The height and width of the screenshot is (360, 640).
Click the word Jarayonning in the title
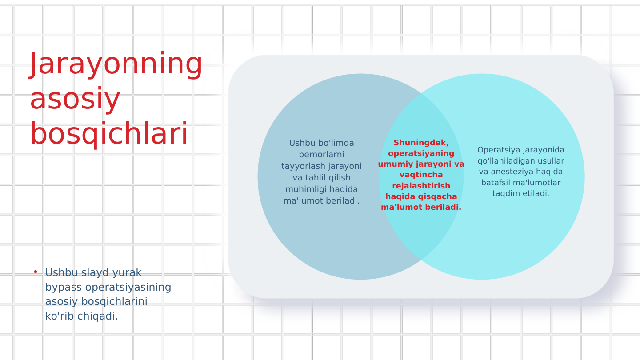[x=116, y=64]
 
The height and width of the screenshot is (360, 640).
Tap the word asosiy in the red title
[x=75, y=99]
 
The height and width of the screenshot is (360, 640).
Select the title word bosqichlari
[x=108, y=134]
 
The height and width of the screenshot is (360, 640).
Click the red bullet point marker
[x=36, y=272]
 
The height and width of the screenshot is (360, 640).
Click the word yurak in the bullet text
[x=127, y=272]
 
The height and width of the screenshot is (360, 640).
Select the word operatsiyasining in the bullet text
[x=128, y=287]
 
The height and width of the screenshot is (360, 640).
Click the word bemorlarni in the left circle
[x=321, y=155]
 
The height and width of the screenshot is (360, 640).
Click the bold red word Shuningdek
[x=421, y=143]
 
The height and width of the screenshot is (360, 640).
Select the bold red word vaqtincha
[x=421, y=175]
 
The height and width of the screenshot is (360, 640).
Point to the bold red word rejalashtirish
[x=421, y=186]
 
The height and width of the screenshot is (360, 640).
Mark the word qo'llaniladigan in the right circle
[x=506, y=161]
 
